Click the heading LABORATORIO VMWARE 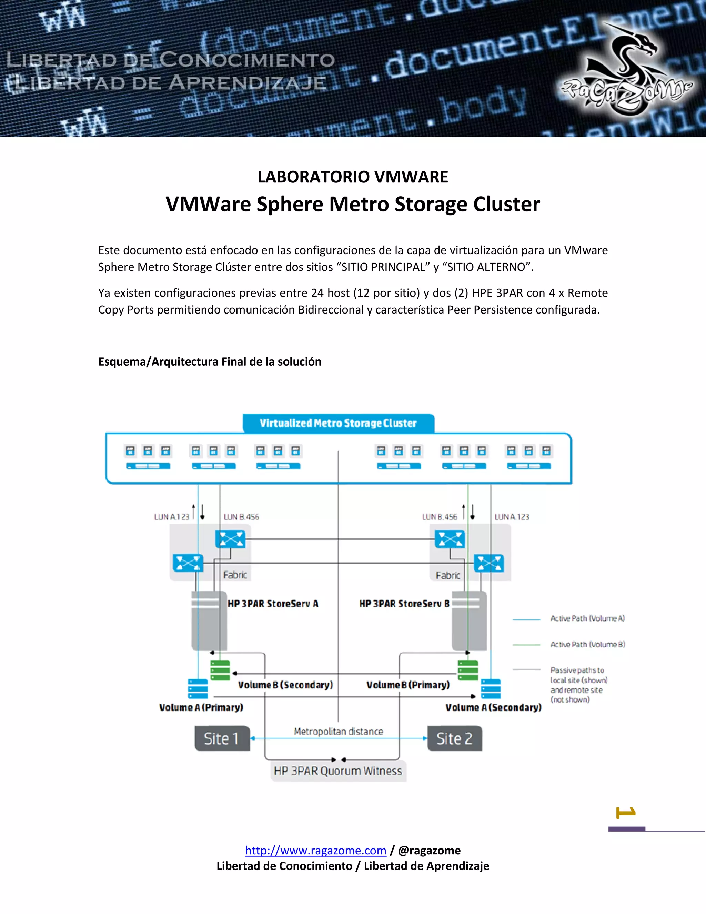353,177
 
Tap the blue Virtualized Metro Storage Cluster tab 338,423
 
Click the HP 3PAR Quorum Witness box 338,771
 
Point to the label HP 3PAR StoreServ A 273,604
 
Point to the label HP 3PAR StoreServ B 404,604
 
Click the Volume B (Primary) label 408,685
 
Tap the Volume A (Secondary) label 494,707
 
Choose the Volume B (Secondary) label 285,685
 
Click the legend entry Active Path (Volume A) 587,618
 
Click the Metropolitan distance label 338,732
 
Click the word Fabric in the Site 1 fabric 235,575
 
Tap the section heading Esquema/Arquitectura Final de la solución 210,361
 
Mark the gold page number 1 626,812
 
